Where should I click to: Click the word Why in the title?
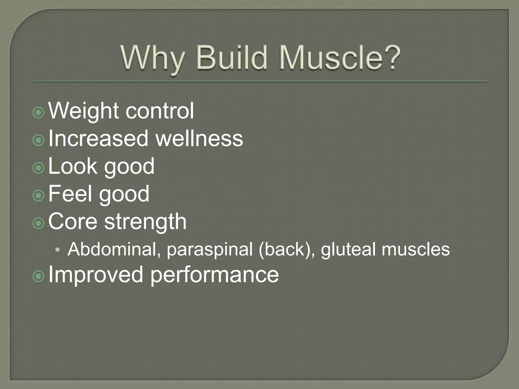152,58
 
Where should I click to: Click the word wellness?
199,139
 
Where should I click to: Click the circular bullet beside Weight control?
39,113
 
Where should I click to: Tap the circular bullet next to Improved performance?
39,277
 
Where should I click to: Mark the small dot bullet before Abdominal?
58,250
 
